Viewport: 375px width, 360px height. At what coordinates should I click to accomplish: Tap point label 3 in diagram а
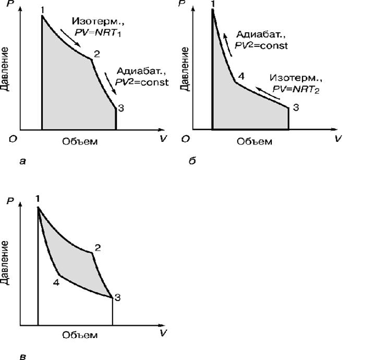coord(121,108)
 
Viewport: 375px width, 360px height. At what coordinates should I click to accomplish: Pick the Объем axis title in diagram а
coord(80,141)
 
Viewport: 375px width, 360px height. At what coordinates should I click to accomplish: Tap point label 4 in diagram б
coord(240,77)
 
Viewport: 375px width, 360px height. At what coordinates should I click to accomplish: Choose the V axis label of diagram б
coord(338,139)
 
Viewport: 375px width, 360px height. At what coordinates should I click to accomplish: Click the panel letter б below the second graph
coord(192,161)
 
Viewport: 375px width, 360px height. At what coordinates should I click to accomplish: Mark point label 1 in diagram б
coord(212,5)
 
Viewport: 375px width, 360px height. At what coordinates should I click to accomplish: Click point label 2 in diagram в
coord(97,247)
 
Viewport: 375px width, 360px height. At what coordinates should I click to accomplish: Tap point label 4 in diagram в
coord(56,282)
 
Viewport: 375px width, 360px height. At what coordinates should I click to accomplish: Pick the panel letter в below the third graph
coord(21,357)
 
